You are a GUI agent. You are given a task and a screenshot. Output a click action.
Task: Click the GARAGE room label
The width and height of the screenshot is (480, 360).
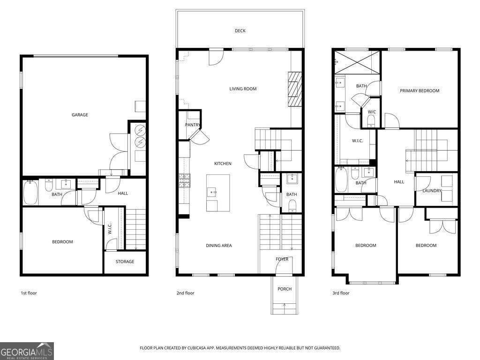coord(80,115)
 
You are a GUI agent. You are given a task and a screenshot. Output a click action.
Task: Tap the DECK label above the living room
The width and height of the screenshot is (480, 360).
coord(240,31)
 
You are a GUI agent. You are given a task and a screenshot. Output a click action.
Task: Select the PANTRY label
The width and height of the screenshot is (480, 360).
coord(193,125)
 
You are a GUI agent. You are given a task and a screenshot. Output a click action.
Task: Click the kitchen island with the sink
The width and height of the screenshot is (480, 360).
coord(218,192)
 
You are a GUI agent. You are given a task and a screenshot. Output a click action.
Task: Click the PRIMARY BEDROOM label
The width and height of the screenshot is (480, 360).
coord(419,91)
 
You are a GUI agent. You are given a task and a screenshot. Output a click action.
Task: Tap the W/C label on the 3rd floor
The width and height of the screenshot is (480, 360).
coord(372,112)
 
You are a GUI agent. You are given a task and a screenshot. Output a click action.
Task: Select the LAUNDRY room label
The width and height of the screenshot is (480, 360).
coord(432,191)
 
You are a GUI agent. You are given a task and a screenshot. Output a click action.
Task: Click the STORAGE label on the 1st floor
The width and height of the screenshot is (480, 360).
coord(125,262)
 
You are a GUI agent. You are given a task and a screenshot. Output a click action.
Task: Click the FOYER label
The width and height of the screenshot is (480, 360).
coord(282,259)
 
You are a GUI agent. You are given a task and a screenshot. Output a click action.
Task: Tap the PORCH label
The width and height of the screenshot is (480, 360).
coord(285,289)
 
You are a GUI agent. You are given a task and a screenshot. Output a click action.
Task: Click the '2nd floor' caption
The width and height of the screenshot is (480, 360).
coord(185,293)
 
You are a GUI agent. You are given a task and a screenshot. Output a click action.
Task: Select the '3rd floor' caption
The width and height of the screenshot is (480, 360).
coord(341,293)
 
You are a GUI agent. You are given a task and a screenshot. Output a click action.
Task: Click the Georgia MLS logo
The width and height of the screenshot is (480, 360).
coord(27,351)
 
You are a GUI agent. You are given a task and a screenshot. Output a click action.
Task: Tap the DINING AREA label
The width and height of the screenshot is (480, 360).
coord(219,246)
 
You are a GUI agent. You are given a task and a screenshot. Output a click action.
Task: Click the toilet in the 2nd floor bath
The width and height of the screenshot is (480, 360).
coord(292,204)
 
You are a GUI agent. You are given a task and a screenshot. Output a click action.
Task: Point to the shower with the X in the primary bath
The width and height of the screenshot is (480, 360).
coord(357,62)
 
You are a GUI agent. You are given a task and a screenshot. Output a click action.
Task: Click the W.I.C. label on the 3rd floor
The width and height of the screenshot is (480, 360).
coord(359,141)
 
